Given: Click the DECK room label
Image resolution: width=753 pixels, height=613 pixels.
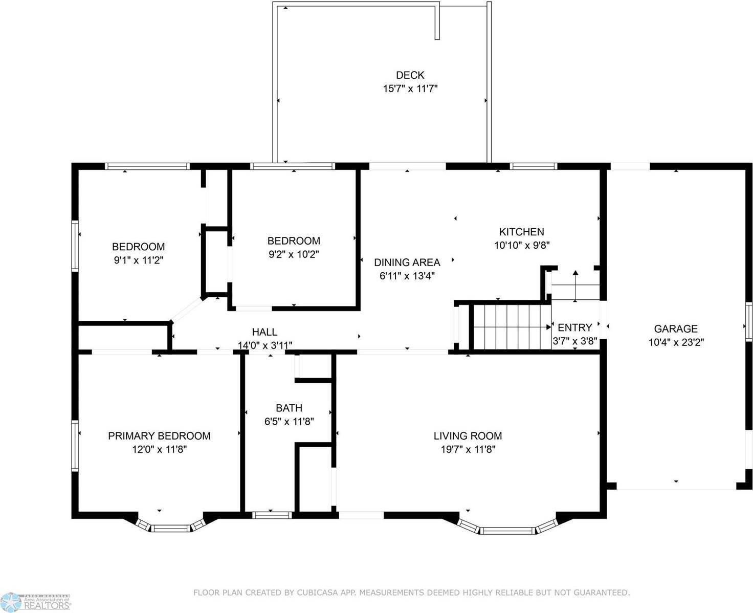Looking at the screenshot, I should coord(410,75).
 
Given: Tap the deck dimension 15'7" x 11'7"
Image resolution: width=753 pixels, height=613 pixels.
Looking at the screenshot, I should coord(410,89).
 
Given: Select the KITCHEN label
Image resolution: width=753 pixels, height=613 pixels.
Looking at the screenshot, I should coord(521,232).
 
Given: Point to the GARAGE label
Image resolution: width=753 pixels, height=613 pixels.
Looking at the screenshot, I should coord(676,329).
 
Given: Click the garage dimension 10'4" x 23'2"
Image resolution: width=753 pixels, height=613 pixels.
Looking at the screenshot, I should coord(676,342).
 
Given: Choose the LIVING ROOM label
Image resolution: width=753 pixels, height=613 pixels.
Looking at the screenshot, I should coord(468,436).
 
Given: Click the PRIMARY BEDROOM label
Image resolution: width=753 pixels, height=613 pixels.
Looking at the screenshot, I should coord(159,436).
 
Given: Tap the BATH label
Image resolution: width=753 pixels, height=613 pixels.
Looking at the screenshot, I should coord(289,408).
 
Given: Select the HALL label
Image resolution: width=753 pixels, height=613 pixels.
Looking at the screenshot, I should coord(264,332).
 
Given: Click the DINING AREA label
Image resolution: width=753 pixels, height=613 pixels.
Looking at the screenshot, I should coord(407,262).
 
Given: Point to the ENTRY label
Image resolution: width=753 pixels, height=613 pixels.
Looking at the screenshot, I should coord(574,327).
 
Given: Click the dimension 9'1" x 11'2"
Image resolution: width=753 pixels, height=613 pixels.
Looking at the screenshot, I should coord(138,260).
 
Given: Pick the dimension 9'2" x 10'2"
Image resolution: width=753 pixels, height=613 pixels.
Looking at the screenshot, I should coord(293,254).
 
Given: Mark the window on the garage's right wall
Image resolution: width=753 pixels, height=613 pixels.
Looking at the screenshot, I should coord(748,321).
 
